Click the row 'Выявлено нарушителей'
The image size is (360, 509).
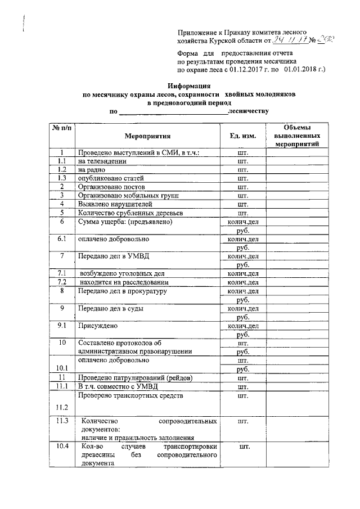click(x=114, y=204)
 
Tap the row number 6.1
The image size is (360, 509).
click(x=61, y=238)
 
